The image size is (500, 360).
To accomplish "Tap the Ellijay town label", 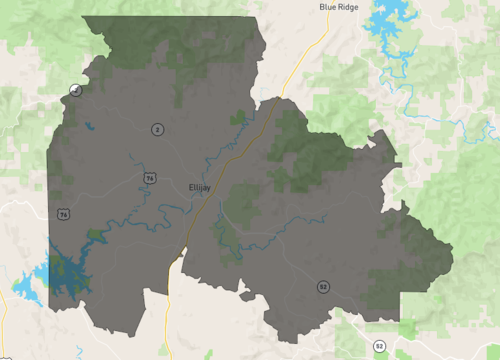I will pyautogui.click(x=200, y=186).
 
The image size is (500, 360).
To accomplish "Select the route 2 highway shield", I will pyautogui.click(x=157, y=129).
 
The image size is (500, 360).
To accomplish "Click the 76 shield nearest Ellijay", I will pyautogui.click(x=150, y=178).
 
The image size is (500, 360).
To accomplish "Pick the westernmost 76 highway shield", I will pyautogui.click(x=64, y=215).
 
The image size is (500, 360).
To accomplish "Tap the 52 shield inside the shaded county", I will pyautogui.click(x=323, y=287).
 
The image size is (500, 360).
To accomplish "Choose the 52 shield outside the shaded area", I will pyautogui.click(x=380, y=346).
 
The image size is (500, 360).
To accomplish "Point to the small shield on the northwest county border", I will pyautogui.click(x=74, y=91).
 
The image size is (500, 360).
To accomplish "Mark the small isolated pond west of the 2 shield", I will pyautogui.click(x=88, y=127).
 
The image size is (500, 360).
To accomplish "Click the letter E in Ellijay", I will pyautogui.click(x=190, y=186).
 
